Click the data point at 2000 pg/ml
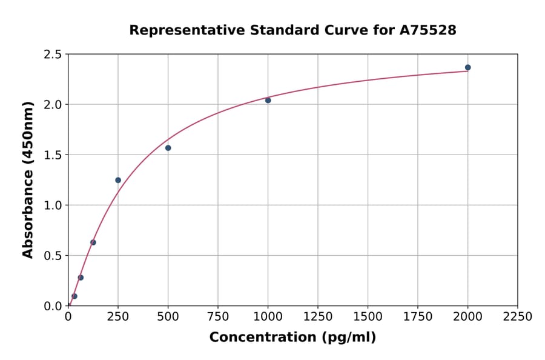467,67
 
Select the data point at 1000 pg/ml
268,100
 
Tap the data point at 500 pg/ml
168,148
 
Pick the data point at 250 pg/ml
118,180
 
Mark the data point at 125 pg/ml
93,242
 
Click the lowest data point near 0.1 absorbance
74,296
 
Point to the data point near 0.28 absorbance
81,278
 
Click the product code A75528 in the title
427,30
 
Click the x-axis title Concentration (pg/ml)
292,338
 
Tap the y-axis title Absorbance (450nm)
28,179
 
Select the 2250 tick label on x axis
517,317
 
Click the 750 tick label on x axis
218,317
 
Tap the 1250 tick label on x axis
318,317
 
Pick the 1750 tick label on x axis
418,317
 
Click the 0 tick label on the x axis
68,317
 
